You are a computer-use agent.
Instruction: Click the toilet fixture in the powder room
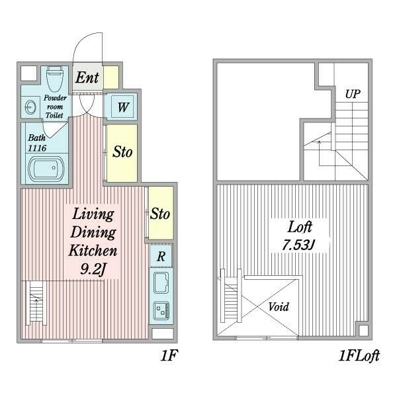tap(54, 79)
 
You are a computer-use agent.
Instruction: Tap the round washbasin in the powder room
tap(30, 107)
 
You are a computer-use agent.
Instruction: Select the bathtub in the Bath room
tap(46, 169)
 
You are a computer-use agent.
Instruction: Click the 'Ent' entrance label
tap(87, 77)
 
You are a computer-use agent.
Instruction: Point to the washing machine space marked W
tap(122, 107)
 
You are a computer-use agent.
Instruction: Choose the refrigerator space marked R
tap(161, 256)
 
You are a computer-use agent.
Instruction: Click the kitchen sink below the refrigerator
tap(161, 283)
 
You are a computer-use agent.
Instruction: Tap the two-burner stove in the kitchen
tap(161, 311)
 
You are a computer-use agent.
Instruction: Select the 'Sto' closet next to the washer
tap(122, 153)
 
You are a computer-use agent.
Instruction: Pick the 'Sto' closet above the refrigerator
tap(161, 213)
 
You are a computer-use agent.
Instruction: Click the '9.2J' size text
tap(93, 269)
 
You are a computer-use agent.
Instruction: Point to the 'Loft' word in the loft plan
tap(300, 227)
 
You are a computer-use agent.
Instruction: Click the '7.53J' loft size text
tap(299, 245)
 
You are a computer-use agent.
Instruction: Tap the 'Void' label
tap(279, 307)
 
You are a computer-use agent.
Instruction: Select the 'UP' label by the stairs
tap(353, 94)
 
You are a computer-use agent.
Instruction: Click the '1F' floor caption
tap(169, 355)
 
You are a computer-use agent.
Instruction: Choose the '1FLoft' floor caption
tap(359, 356)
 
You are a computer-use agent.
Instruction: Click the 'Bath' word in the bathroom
tap(36, 138)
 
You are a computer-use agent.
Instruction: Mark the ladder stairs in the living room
tap(36, 303)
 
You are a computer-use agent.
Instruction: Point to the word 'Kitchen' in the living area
tap(93, 250)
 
